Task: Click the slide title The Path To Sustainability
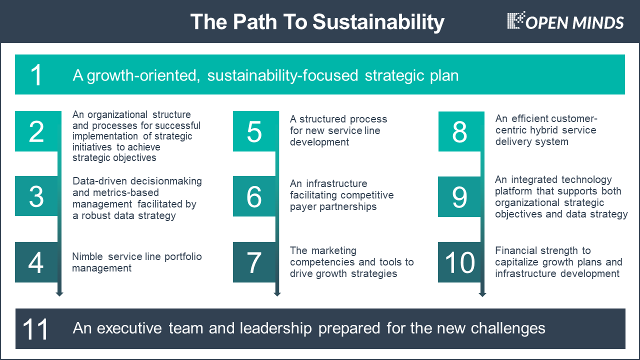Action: click(317, 21)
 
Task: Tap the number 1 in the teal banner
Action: click(36, 75)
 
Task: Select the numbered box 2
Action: click(38, 131)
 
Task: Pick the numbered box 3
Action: click(36, 196)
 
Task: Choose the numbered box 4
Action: click(36, 262)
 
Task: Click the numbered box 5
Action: click(256, 131)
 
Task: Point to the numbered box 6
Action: click(254, 196)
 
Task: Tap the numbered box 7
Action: click(254, 262)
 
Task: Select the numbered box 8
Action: click(461, 131)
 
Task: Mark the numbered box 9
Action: click(459, 197)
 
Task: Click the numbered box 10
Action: click(459, 262)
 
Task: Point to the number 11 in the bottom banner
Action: click(35, 329)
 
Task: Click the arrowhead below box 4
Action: click(59, 294)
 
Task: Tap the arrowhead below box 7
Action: click(277, 294)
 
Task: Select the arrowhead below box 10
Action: click(482, 294)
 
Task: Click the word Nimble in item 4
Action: click(87, 256)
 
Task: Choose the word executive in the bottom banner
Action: click(129, 328)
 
